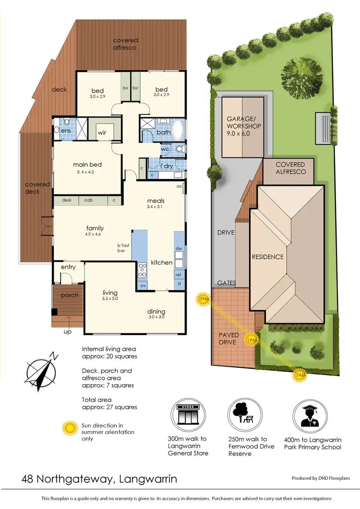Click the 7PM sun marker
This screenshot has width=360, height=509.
point(204,300)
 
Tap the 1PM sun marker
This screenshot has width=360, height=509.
point(251,340)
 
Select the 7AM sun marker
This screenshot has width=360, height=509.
point(299,375)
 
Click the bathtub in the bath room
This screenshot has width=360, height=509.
point(177,130)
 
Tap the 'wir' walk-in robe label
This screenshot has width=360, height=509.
point(102,132)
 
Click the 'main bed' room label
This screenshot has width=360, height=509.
point(87,165)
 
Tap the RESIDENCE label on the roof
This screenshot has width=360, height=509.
point(268,257)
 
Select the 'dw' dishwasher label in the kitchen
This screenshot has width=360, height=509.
point(179,249)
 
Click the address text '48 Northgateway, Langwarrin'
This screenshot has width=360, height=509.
point(99,479)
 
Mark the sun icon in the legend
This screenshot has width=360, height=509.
point(71,428)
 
